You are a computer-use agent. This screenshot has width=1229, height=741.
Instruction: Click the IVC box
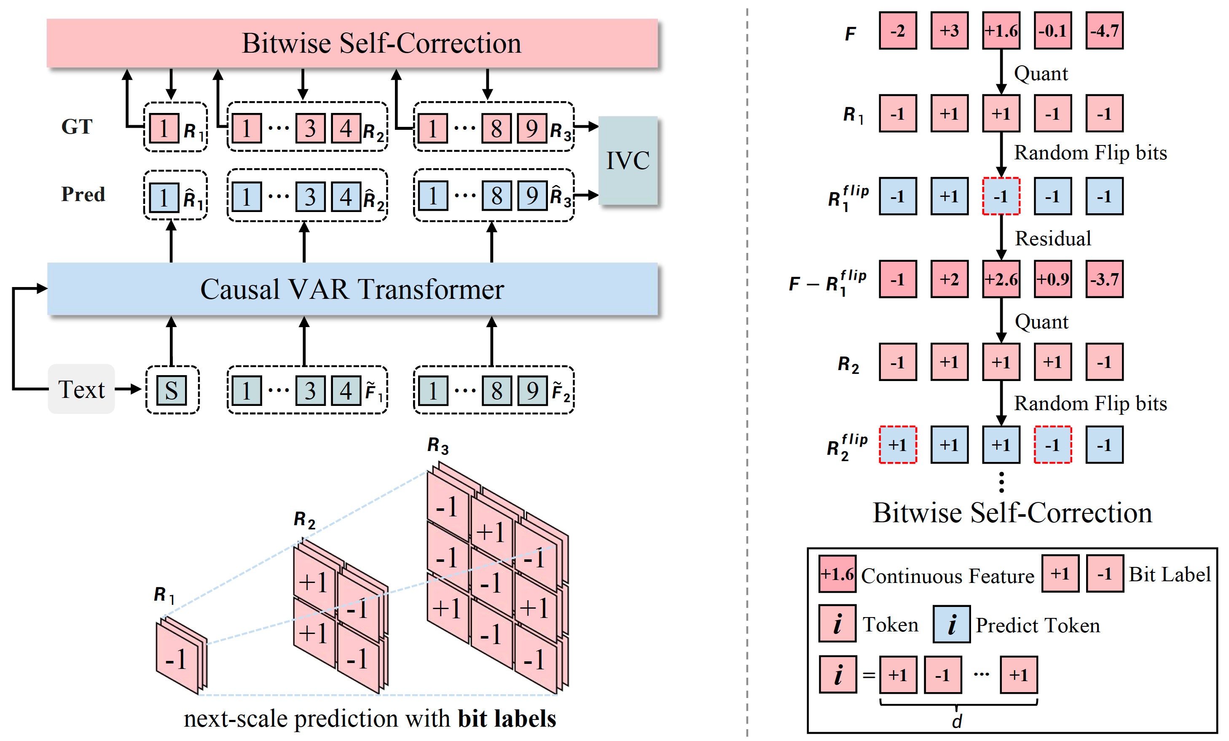click(x=628, y=160)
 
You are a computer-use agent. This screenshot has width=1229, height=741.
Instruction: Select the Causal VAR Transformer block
click(x=352, y=289)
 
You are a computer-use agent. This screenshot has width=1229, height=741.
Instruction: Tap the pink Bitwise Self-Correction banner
click(x=352, y=43)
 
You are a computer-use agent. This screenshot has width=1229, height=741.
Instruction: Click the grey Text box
click(x=81, y=389)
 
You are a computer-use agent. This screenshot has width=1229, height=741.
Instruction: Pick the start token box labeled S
click(x=172, y=390)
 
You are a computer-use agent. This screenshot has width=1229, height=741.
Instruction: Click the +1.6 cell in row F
click(x=1001, y=31)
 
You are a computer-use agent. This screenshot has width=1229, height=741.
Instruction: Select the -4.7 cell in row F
click(x=1104, y=31)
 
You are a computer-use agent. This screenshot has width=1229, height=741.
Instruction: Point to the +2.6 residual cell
click(x=1001, y=279)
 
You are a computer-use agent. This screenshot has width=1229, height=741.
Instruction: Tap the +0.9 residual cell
click(x=1052, y=279)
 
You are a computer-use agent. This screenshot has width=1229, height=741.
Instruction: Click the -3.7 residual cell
click(x=1104, y=279)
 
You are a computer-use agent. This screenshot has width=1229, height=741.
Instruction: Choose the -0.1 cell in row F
click(x=1052, y=31)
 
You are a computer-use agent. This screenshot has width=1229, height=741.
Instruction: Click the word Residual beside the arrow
click(x=1053, y=239)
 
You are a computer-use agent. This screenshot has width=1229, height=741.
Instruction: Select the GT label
click(x=77, y=126)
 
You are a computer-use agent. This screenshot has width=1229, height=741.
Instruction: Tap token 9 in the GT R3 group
click(x=532, y=128)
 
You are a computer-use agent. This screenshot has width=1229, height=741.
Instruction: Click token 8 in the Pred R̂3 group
click(x=496, y=196)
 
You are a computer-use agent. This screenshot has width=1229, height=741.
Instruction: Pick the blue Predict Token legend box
click(x=952, y=624)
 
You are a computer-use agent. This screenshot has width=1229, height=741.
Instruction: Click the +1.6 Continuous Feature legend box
click(x=837, y=574)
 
